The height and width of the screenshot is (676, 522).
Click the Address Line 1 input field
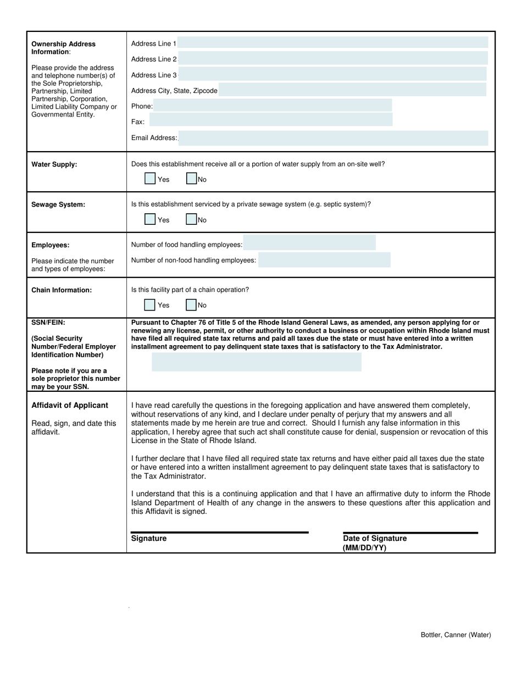[x=333, y=43]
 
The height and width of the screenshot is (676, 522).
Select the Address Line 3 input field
[x=333, y=74]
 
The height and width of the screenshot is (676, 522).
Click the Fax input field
[x=271, y=120]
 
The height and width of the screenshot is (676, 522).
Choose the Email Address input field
[x=334, y=138]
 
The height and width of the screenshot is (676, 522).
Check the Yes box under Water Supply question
[x=150, y=179]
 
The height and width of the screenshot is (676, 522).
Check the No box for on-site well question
[x=191, y=179]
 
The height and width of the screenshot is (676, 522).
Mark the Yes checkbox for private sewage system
[x=150, y=219]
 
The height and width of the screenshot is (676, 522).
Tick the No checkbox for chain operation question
[x=191, y=304]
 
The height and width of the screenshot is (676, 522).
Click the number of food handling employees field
[x=310, y=243]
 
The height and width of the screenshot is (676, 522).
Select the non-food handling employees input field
[x=324, y=260]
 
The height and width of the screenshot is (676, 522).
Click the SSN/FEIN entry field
[x=257, y=363]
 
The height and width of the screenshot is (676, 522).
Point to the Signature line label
[x=149, y=539]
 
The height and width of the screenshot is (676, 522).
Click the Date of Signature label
[x=375, y=539]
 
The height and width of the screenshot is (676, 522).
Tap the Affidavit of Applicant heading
[x=70, y=406]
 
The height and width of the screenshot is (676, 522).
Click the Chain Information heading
[x=62, y=290]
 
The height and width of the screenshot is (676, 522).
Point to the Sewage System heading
[x=58, y=204]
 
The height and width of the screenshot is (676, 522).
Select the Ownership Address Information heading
[x=63, y=48]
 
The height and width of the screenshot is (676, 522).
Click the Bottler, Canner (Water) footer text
[x=456, y=635]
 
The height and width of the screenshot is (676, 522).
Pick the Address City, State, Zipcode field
[x=352, y=90]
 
